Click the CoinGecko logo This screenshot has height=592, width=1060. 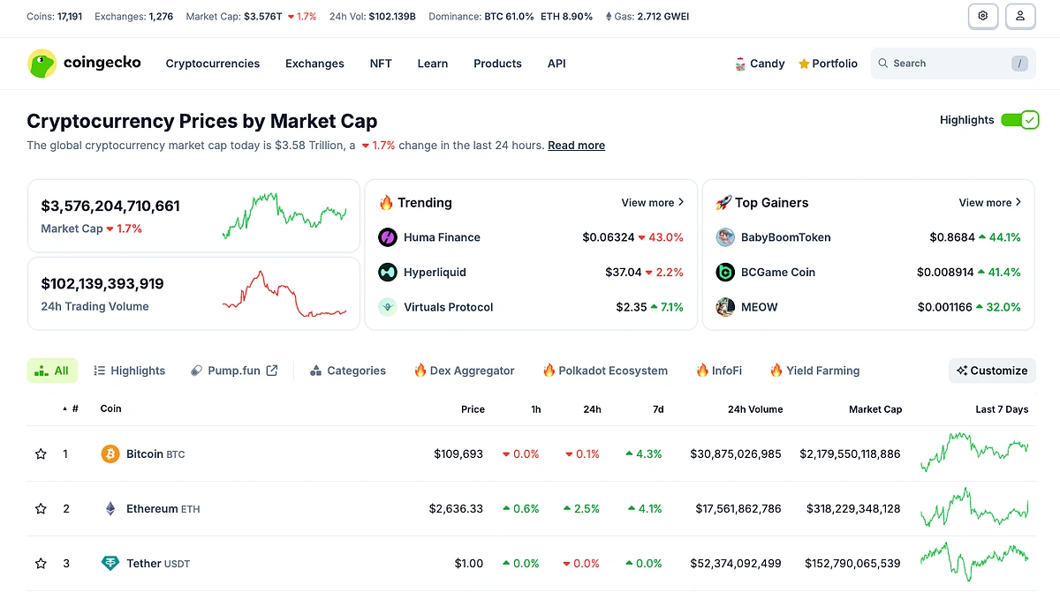coord(84,64)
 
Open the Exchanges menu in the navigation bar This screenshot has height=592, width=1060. coord(314,64)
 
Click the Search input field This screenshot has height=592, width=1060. coord(945,64)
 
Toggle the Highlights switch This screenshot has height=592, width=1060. coord(1019,120)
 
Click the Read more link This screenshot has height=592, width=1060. coord(576,146)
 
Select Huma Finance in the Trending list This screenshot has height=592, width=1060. coord(442,237)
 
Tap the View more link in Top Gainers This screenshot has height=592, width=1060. coord(989,203)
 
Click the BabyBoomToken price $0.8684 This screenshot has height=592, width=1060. coord(952,237)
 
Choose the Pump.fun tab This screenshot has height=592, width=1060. coord(234,371)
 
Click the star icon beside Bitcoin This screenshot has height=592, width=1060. coord(41,454)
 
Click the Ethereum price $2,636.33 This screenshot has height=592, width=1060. coord(456,509)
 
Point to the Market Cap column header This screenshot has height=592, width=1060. coord(874,409)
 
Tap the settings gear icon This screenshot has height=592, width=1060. coord(982,16)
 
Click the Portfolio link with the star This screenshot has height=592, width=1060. coord(828,64)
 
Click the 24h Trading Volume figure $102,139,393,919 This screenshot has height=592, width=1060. coord(102,284)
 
